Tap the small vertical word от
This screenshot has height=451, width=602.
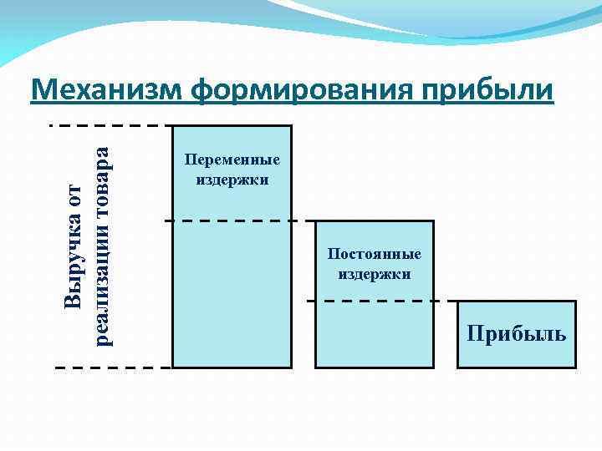pyautogui.click(x=74, y=197)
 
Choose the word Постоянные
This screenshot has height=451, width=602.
pyautogui.click(x=375, y=254)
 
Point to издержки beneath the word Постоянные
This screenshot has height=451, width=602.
pyautogui.click(x=375, y=273)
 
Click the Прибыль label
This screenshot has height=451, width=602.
pyautogui.click(x=517, y=334)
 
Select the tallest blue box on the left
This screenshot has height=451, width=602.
pyautogui.click(x=232, y=284)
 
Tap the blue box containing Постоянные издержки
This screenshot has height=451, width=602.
pyautogui.click(x=375, y=326)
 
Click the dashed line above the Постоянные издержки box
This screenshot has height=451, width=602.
pyautogui.click(x=238, y=220)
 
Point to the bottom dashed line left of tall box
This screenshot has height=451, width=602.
pyautogui.click(x=113, y=367)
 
